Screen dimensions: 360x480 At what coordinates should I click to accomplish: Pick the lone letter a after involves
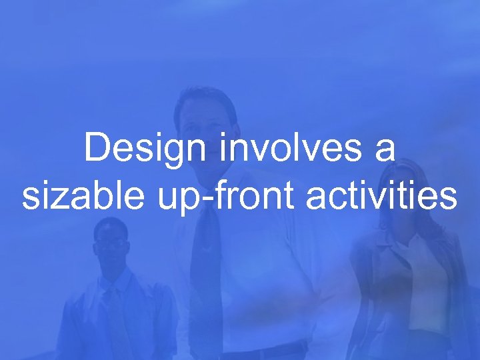pos(385,150)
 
